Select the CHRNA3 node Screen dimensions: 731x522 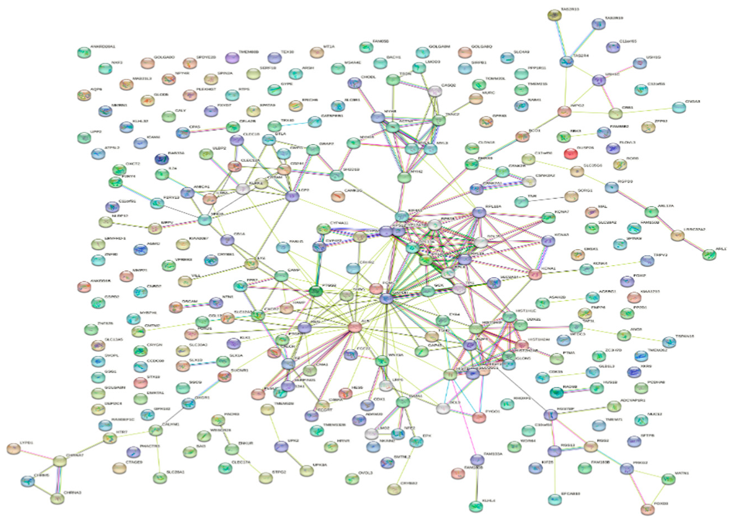coord(58,498)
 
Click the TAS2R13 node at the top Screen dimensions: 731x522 coord(554,16)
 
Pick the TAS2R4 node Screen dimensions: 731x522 coord(566,62)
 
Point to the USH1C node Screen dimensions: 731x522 coord(598,81)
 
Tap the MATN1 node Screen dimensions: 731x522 coord(669,479)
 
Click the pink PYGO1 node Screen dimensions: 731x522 coord(479,417)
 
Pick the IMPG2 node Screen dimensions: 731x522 coord(564,112)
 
